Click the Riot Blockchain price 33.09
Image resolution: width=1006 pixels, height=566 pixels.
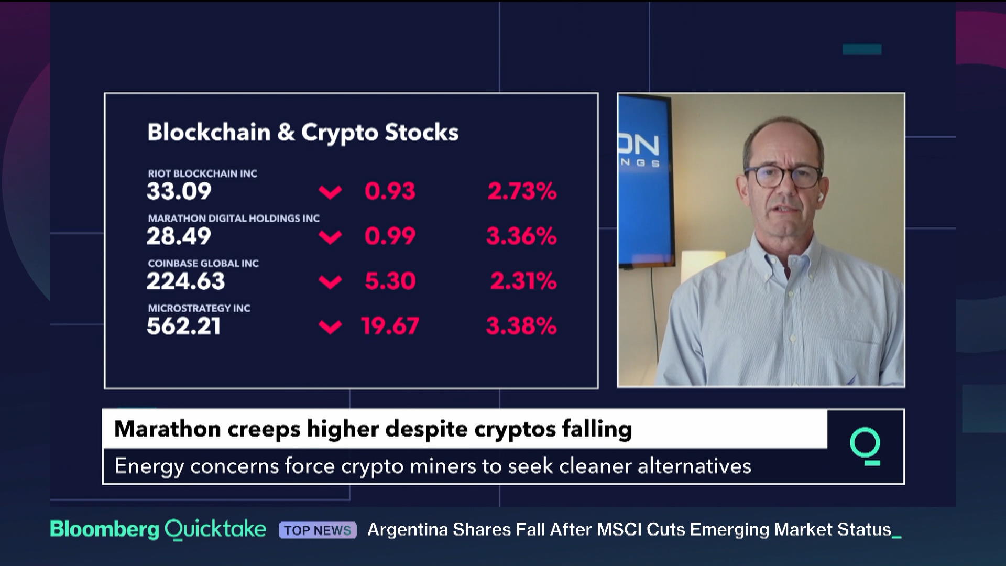179,191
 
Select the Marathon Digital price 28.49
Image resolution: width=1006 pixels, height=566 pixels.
179,236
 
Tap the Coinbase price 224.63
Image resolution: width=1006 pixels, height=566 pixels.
186,281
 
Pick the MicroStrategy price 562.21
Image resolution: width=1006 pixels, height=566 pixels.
184,326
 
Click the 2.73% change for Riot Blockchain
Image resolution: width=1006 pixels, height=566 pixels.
522,191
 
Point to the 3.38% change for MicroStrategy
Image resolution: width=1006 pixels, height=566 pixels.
521,326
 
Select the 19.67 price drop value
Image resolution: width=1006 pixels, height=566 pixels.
390,326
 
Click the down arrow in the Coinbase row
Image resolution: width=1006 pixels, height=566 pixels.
330,282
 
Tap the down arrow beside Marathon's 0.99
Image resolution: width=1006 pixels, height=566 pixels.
330,237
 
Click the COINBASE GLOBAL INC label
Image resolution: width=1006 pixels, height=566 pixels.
203,264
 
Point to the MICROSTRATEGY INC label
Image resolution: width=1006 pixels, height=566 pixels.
199,309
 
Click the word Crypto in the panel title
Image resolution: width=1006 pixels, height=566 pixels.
340,133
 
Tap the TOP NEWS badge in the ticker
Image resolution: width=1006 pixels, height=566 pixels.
318,530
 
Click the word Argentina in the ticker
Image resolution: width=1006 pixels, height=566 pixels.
407,530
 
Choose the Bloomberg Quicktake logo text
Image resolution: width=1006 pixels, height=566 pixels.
158,529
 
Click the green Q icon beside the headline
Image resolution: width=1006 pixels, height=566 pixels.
865,446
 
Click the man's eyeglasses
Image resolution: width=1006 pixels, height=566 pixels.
783,176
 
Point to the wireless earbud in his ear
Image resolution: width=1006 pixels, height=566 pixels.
820,197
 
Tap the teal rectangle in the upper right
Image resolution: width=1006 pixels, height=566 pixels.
862,49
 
